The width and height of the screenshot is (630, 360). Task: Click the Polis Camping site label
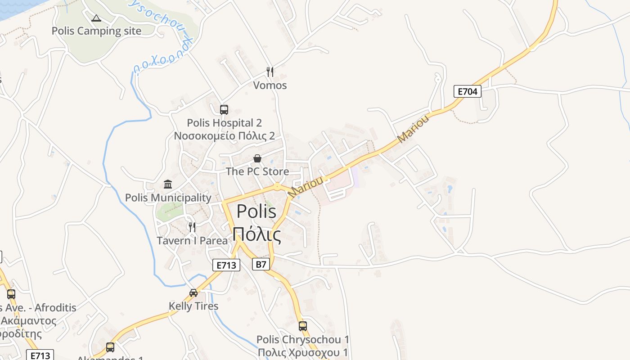point(96,31)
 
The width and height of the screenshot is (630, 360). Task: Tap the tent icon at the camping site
point(96,18)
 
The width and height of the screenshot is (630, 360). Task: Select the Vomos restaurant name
point(270,85)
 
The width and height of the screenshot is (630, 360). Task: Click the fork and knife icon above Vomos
point(270,72)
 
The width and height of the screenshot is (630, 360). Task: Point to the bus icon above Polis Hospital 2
point(224,109)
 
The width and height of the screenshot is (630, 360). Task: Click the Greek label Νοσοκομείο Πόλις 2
point(224,136)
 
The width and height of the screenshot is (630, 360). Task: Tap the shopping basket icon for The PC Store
point(257,158)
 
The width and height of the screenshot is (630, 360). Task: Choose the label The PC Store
point(257,171)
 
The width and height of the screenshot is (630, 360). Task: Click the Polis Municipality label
point(168,198)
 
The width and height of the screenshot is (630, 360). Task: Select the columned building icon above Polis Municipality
point(168,184)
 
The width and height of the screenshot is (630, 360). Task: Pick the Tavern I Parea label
point(192,240)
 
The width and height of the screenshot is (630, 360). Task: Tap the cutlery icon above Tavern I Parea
point(192,227)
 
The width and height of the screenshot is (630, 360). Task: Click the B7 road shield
point(261,264)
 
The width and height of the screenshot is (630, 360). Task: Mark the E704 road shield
point(467,91)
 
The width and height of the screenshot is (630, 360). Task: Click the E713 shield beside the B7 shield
point(226,265)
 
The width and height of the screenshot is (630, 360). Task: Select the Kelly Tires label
point(193,306)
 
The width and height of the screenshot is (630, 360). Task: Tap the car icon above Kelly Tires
point(193,293)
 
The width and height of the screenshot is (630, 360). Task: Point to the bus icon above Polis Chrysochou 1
point(303,326)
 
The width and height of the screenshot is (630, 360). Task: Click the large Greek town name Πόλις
point(257,234)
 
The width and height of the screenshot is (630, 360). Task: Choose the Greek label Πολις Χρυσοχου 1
point(303,352)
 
